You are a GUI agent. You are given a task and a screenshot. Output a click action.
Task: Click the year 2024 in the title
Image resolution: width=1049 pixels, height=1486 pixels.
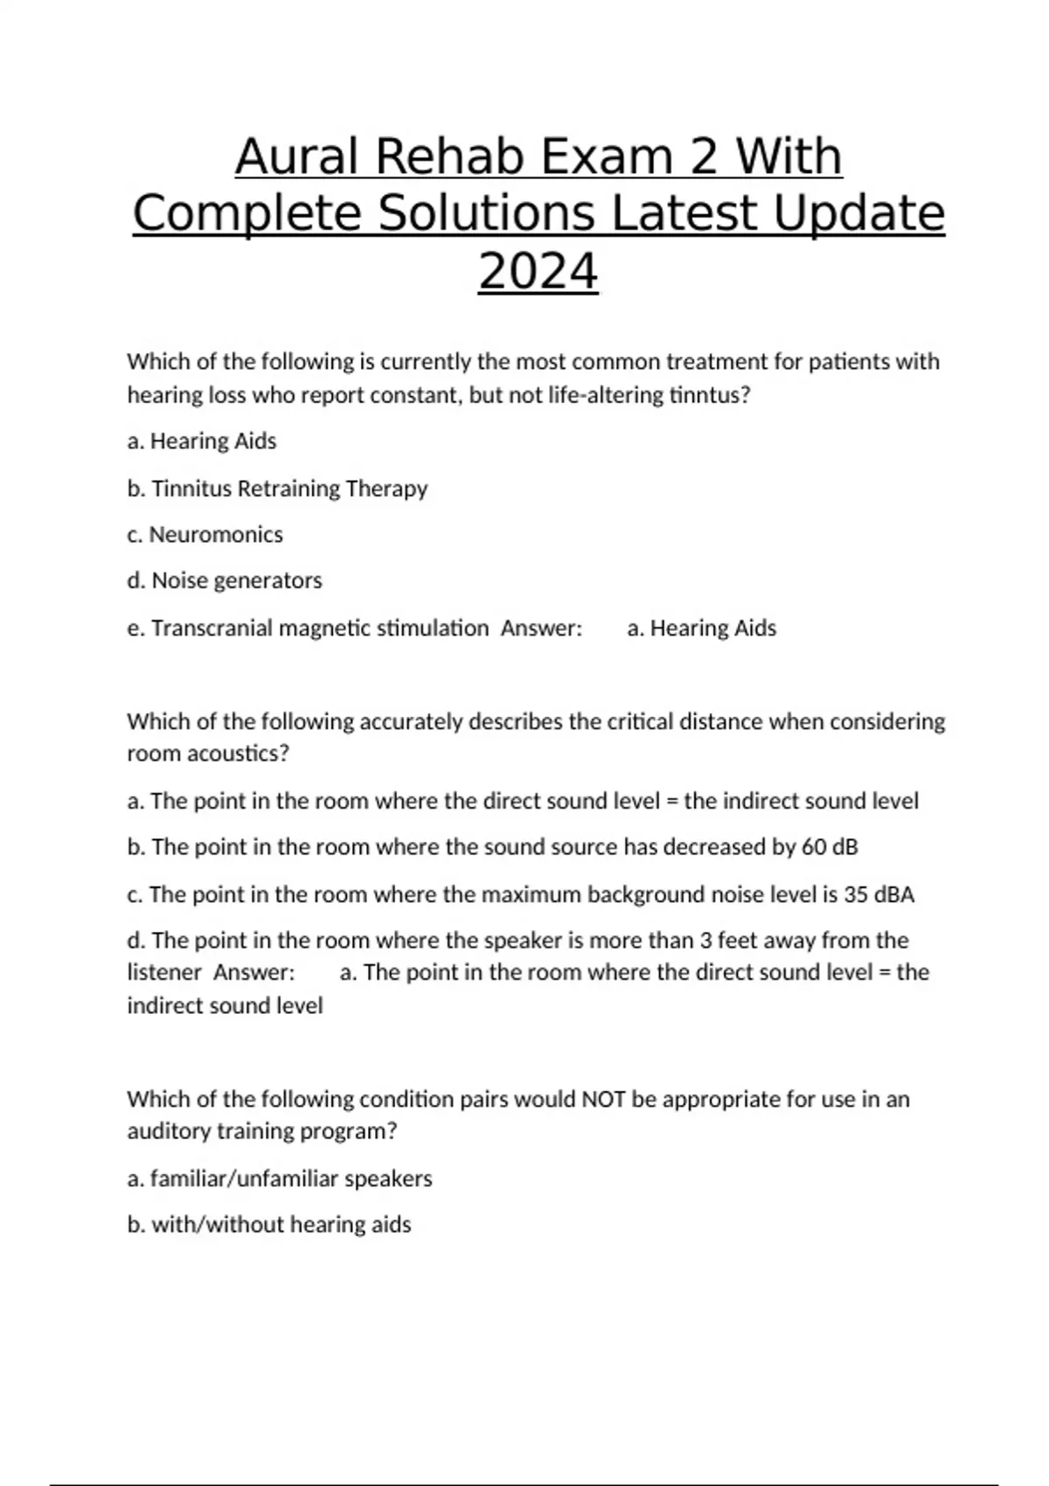pos(538,271)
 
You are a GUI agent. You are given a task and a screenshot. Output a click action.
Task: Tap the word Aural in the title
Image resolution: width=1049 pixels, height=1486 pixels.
pos(297,157)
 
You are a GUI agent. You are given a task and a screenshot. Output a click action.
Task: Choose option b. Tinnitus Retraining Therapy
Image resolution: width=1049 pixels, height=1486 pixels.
pos(277,488)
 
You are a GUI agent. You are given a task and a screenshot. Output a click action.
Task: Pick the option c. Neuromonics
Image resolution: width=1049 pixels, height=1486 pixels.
pos(205,534)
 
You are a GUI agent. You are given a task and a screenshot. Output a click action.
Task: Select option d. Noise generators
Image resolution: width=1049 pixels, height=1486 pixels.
pos(225,580)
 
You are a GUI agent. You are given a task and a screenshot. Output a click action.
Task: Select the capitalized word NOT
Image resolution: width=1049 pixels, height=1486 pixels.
pos(603,1099)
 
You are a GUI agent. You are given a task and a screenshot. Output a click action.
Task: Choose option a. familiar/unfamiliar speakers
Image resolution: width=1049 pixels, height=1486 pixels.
pos(280,1178)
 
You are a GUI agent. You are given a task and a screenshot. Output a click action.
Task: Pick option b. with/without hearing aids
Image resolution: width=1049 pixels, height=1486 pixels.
pos(269,1225)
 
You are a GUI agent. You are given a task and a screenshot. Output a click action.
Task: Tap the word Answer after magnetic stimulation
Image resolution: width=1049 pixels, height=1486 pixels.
pos(541,628)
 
